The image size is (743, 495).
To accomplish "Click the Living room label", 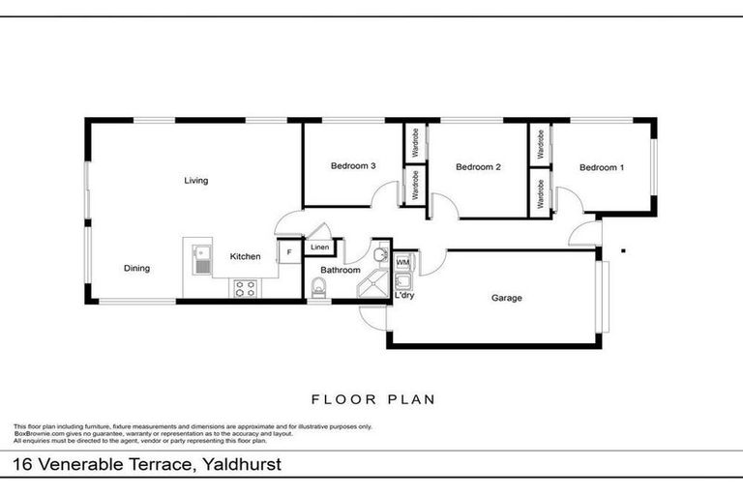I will (196, 180).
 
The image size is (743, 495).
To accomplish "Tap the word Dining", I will (136, 268).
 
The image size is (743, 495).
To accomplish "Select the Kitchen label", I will (245, 256).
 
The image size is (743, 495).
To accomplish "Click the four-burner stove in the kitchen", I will (245, 287).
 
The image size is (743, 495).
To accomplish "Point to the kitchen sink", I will (202, 258).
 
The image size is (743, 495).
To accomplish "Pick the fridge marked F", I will (288, 252).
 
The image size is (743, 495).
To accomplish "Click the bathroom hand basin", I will (380, 256).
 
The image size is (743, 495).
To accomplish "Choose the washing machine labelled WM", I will (402, 261).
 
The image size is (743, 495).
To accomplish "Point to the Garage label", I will (506, 298).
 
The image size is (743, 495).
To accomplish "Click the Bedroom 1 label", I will (601, 167).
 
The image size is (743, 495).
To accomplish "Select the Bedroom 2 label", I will (478, 167).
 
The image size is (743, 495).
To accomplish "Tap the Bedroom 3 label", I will (353, 166).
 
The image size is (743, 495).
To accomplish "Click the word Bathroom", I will (341, 270).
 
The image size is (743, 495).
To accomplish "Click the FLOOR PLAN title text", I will (371, 398).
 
